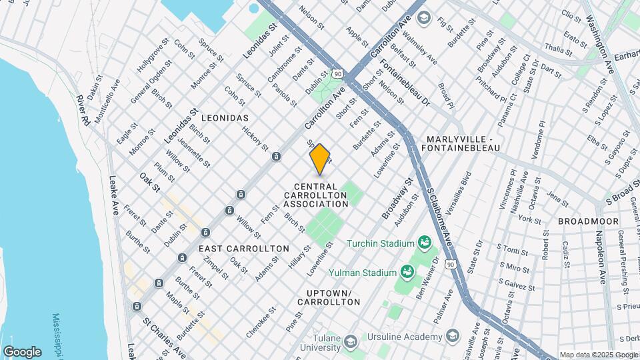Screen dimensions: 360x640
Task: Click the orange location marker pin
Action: (320, 159)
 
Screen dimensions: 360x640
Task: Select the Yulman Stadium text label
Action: (362, 272)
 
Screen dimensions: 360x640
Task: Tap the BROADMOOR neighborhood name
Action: (588, 221)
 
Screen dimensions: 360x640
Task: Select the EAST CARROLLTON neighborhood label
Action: (244, 248)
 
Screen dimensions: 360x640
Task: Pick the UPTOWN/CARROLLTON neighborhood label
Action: (333, 297)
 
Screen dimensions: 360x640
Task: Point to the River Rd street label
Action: (83, 111)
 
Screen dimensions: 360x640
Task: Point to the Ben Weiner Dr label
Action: (427, 273)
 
